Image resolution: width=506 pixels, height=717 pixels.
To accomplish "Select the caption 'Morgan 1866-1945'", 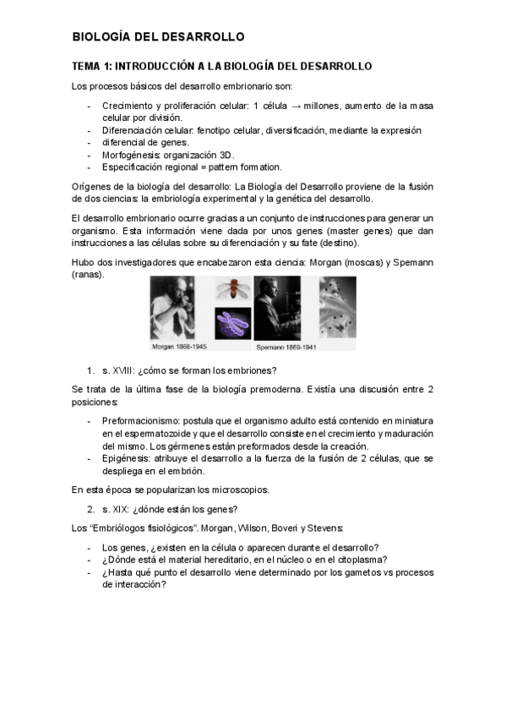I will click(179, 347).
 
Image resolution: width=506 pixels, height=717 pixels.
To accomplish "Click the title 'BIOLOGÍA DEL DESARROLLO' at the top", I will click(158, 37).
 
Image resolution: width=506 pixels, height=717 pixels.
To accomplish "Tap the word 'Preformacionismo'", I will click(140, 420).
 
